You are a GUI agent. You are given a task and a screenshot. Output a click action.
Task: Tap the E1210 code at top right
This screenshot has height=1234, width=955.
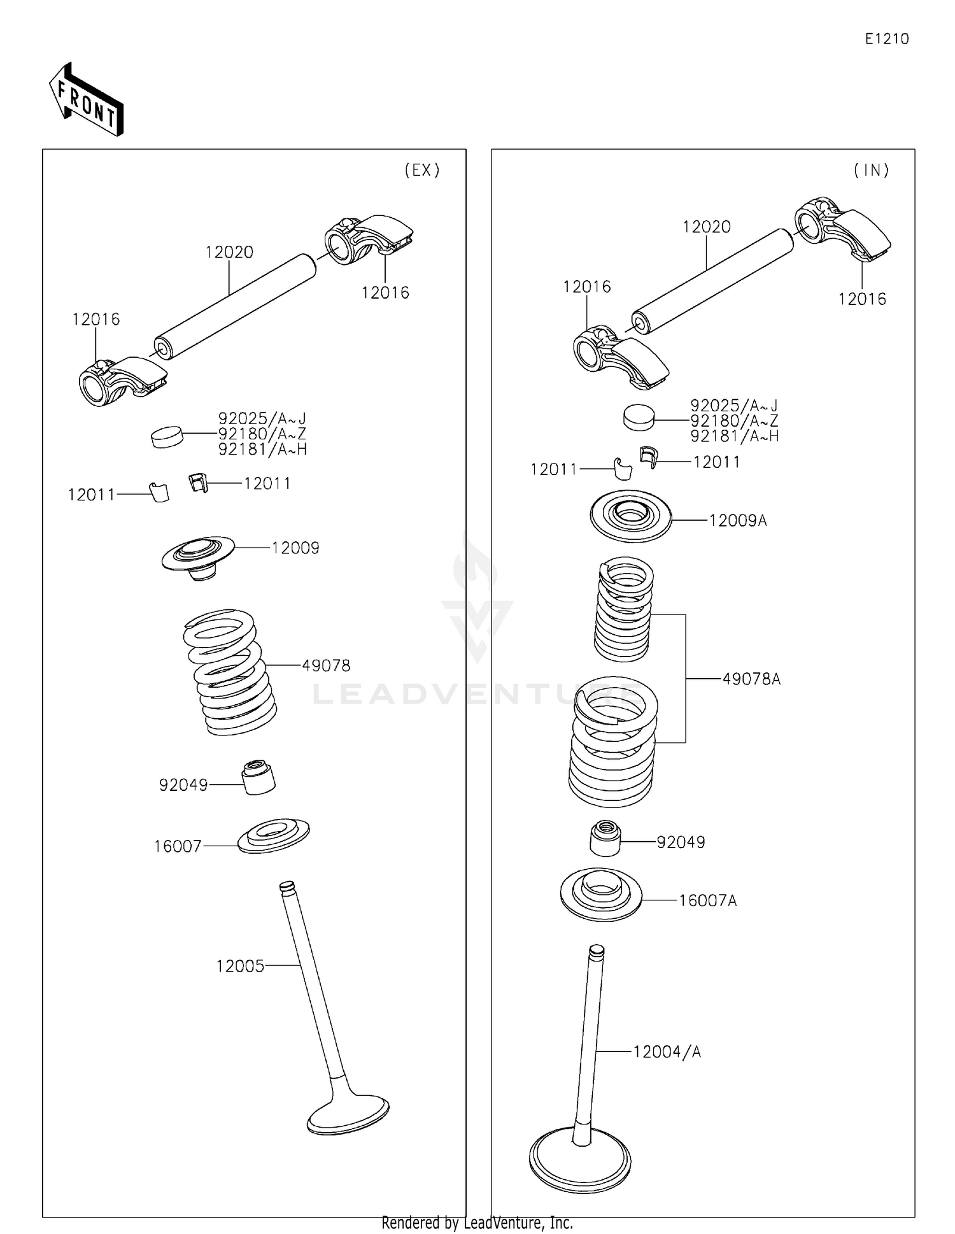(x=886, y=39)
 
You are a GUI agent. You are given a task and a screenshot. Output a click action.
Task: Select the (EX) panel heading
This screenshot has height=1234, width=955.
(x=422, y=170)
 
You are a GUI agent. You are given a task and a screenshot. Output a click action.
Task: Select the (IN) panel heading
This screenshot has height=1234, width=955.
(x=871, y=170)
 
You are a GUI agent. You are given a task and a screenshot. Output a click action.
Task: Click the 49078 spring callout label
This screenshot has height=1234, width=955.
(x=326, y=665)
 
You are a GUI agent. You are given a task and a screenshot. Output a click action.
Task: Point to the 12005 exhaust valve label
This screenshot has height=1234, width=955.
(x=240, y=966)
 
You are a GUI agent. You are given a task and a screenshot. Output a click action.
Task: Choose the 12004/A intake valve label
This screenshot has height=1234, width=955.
(x=667, y=1052)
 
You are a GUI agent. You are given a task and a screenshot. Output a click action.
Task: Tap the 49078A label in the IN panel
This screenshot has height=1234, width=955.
(x=751, y=679)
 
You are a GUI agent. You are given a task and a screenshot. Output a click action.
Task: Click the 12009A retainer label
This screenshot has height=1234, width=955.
(x=737, y=521)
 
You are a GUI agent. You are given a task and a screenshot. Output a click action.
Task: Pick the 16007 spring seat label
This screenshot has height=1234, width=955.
(x=178, y=846)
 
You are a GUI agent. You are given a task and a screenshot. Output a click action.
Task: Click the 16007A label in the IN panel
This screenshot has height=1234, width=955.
(x=707, y=900)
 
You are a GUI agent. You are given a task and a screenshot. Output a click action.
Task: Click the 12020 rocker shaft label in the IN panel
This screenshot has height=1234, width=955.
(x=707, y=227)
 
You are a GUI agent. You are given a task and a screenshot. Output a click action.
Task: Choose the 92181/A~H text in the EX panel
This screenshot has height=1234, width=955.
(x=262, y=450)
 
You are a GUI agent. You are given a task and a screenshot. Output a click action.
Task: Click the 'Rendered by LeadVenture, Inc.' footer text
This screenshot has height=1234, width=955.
(x=477, y=1223)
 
